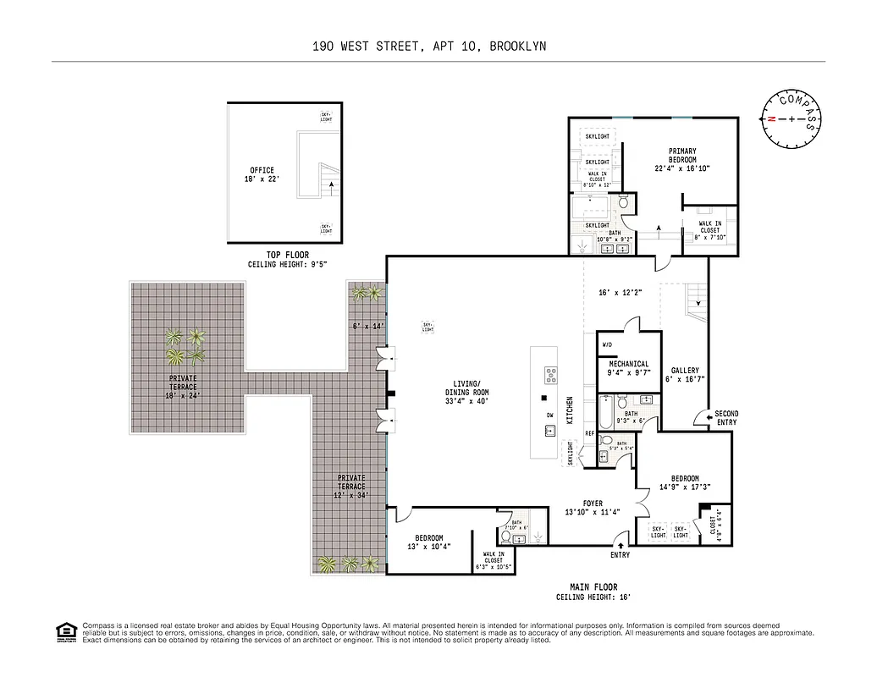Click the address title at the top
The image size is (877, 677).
429,47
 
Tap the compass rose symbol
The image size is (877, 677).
792,118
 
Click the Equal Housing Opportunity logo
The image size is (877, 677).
64,630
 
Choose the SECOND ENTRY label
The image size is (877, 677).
726,418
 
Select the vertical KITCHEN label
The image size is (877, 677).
571,410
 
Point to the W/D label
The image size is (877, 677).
608,345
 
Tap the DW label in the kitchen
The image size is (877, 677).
550,415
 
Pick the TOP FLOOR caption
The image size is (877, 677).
287,255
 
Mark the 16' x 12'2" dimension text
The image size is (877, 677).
621,292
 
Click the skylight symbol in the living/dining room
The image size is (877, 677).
427,327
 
